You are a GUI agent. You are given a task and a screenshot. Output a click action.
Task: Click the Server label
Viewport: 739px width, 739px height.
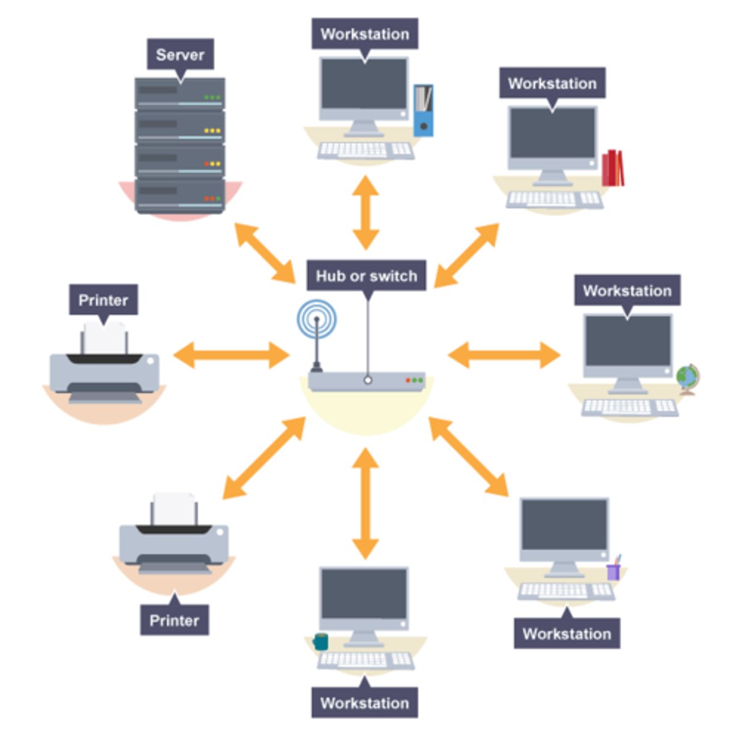(180, 55)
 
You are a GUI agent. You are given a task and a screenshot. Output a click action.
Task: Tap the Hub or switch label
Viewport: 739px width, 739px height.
(366, 276)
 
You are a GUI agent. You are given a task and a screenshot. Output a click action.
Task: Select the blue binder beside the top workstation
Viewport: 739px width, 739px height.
(423, 110)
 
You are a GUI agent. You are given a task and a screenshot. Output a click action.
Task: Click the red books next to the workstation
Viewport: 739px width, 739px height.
(613, 168)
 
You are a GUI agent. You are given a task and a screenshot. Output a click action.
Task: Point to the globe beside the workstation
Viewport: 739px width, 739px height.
(687, 378)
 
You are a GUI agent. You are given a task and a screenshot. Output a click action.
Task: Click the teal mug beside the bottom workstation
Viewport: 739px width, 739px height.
(320, 642)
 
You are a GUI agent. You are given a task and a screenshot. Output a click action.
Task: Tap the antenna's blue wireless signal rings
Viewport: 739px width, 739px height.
(317, 318)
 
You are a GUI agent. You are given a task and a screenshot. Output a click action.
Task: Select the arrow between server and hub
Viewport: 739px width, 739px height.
(265, 253)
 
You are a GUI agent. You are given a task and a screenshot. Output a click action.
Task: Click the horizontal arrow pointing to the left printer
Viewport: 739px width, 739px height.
(231, 355)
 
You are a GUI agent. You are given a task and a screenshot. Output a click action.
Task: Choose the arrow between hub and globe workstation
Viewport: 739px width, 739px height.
(504, 355)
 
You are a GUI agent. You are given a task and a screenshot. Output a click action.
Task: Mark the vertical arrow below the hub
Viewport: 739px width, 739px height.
(365, 503)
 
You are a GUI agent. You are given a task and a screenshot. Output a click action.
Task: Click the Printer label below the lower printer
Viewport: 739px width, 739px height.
(174, 620)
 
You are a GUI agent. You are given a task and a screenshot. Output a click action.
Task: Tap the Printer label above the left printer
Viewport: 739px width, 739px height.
(103, 300)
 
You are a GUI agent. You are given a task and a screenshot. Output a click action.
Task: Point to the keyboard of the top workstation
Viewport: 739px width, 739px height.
(365, 150)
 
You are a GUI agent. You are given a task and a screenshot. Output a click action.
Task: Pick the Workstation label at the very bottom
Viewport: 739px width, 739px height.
(365, 703)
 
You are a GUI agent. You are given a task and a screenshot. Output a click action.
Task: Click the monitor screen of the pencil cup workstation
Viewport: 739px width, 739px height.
(564, 525)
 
